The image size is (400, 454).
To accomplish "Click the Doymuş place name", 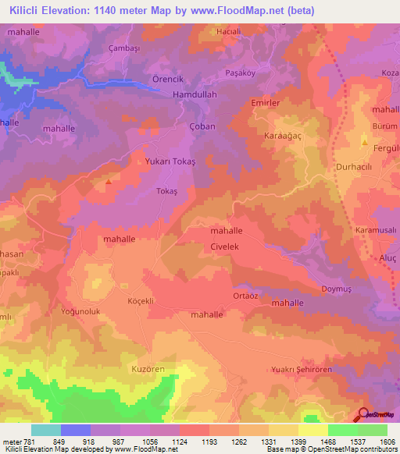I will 337,289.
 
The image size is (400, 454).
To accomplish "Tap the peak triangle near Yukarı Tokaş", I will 108,183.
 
